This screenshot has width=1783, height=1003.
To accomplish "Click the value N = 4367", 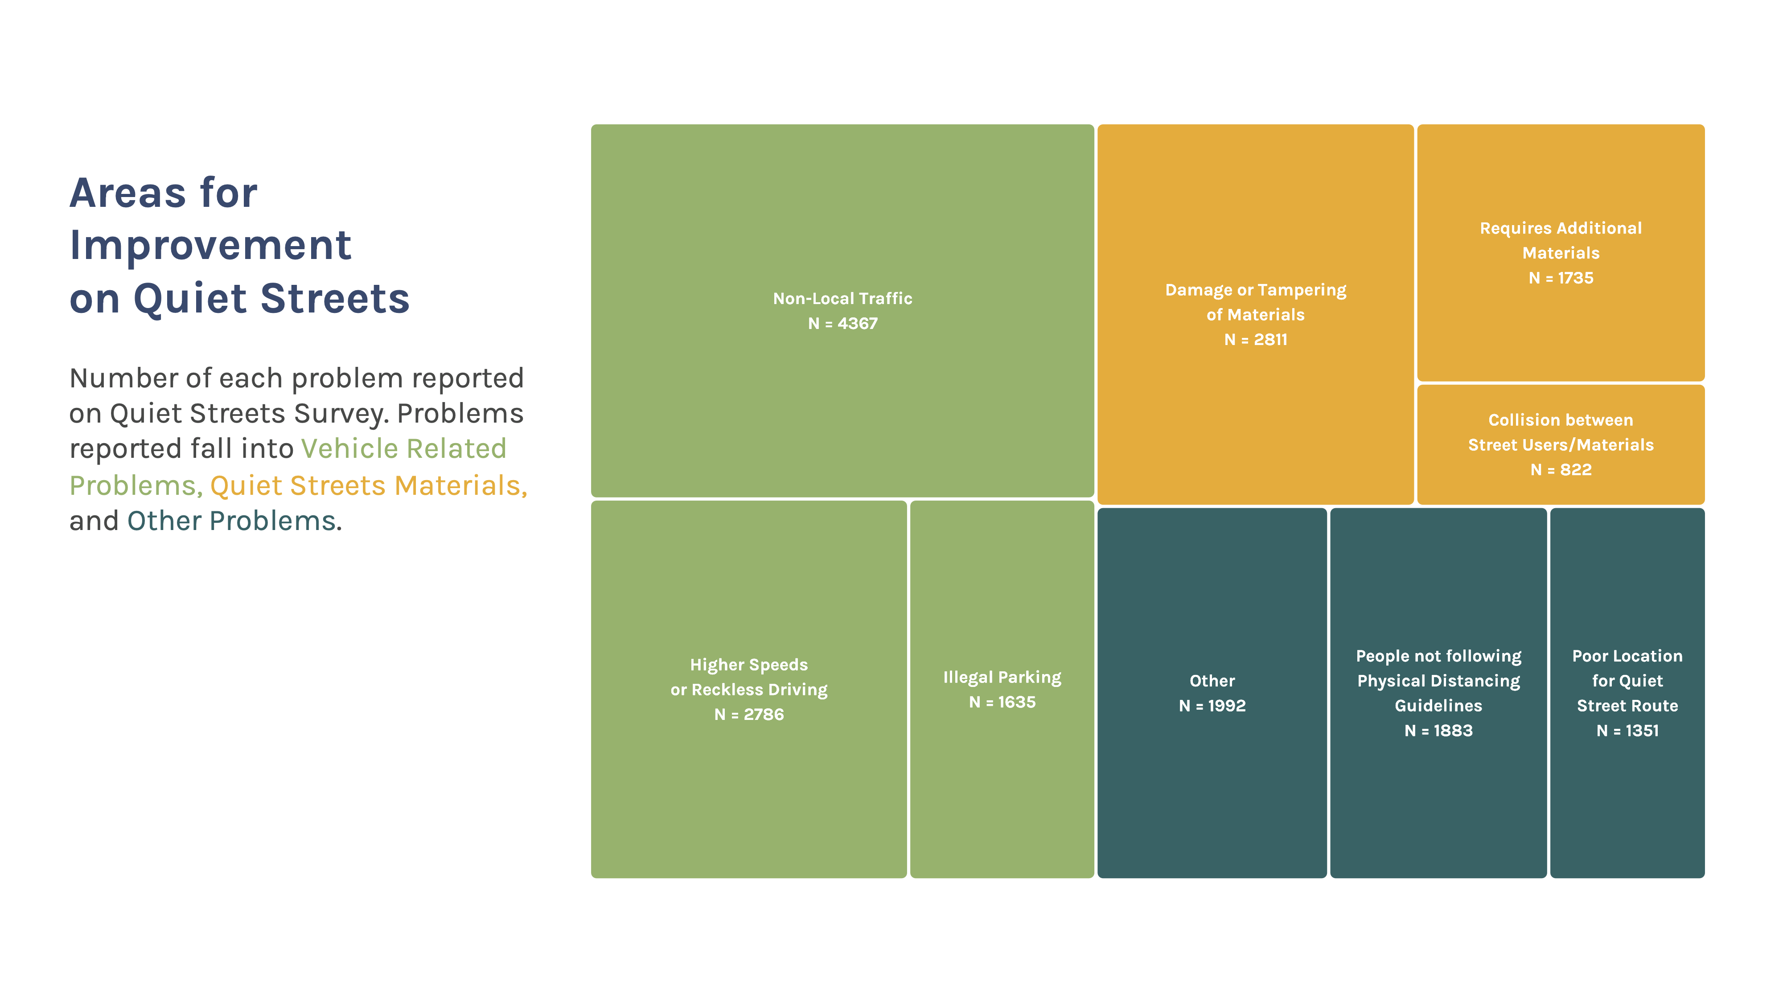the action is (842, 323).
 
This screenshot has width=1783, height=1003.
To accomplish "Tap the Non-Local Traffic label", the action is (842, 298).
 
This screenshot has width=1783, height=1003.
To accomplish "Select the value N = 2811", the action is (1256, 339).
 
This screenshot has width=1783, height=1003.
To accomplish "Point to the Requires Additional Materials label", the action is (1561, 240).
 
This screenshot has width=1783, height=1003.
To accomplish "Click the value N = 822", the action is (1561, 469).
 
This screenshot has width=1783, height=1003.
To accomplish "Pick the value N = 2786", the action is (749, 714).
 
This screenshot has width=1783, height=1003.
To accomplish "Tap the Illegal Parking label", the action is (1002, 678).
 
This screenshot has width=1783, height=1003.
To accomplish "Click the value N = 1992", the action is (1212, 705).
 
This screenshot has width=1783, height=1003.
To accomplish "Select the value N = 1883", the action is (1438, 730).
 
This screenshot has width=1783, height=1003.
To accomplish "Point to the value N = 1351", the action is (1627, 730).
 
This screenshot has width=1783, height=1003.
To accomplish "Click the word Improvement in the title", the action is (210, 246).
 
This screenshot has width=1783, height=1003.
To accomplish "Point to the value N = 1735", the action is (1561, 278).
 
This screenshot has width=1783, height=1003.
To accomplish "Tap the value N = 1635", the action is (1002, 702).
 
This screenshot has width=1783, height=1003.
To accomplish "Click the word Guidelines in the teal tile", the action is (1438, 705).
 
